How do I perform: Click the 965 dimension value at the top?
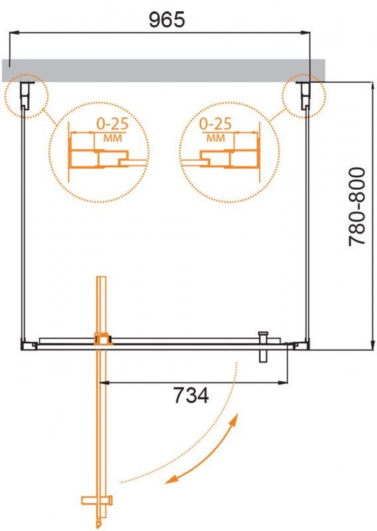tap(167, 19)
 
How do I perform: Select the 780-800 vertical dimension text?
tap(357, 206)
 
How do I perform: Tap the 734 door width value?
tap(191, 395)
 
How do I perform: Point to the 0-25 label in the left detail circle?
tap(112, 124)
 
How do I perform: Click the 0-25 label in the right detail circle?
tap(216, 124)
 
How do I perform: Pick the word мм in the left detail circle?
tap(112, 138)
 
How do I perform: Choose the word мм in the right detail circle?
tap(216, 138)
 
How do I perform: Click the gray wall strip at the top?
tap(163, 70)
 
